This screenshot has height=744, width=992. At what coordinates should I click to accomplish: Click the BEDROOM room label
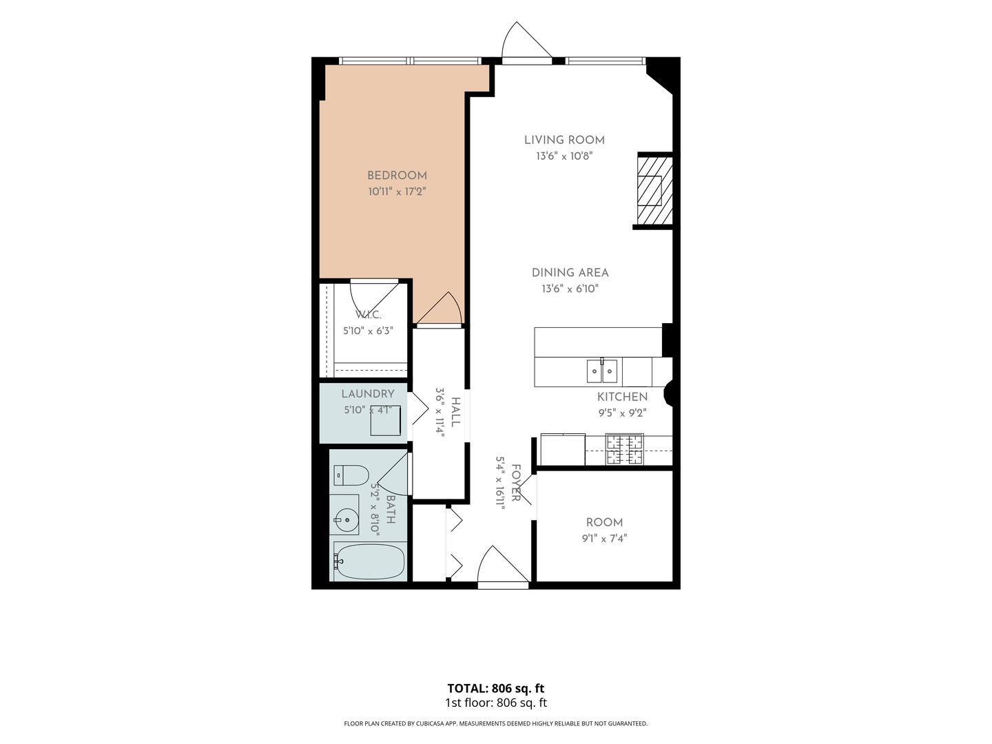pyautogui.click(x=396, y=175)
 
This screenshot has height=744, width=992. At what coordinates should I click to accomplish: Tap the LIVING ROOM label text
pyautogui.click(x=564, y=140)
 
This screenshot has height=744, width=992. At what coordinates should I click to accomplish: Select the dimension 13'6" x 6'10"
pyautogui.click(x=570, y=289)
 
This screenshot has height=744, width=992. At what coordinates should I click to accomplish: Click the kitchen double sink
pyautogui.click(x=602, y=371)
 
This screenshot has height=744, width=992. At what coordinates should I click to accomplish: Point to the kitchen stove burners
pyautogui.click(x=625, y=449)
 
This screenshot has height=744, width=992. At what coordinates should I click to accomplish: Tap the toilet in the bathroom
pyautogui.click(x=351, y=475)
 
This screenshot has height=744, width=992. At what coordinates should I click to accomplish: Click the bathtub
pyautogui.click(x=369, y=561)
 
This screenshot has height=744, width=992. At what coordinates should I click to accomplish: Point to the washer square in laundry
pyautogui.click(x=386, y=420)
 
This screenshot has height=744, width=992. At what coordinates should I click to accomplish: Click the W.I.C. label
pyautogui.click(x=368, y=315)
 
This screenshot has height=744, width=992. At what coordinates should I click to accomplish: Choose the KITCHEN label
pyautogui.click(x=622, y=397)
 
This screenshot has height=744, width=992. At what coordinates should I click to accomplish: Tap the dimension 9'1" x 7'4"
pyautogui.click(x=604, y=539)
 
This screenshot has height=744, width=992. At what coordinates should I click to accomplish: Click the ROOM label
pyautogui.click(x=604, y=523)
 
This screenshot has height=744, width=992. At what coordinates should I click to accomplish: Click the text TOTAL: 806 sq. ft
pyautogui.click(x=495, y=688)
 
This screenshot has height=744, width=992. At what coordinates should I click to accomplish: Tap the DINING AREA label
pyautogui.click(x=570, y=273)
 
